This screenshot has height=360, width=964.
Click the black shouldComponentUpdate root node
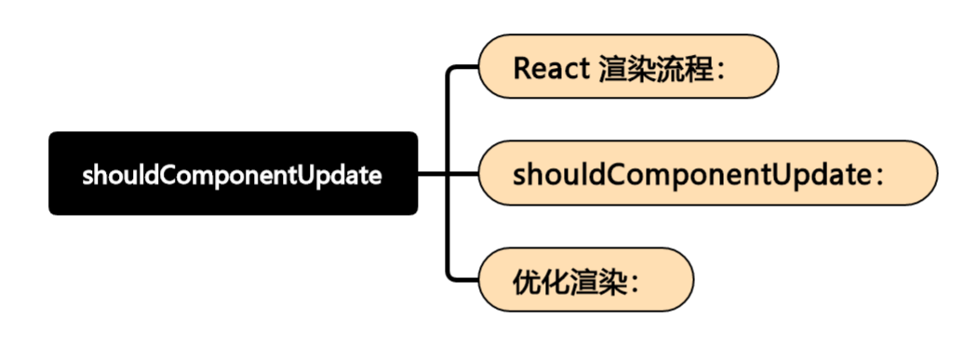click(x=233, y=173)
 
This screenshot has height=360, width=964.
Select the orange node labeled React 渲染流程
click(x=627, y=67)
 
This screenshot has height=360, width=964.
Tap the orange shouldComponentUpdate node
click(x=707, y=173)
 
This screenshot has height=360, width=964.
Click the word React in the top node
click(x=550, y=68)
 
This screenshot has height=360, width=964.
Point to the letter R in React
click(x=522, y=68)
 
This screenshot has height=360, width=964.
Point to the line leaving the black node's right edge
click(x=433, y=173)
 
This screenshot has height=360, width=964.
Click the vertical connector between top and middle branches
click(x=449, y=121)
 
